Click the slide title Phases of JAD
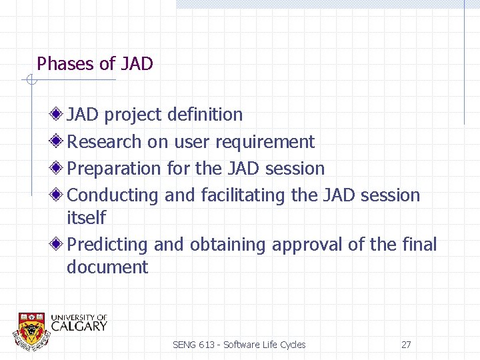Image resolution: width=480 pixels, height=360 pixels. pyautogui.click(x=95, y=64)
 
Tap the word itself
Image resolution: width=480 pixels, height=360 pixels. pyautogui.click(x=86, y=218)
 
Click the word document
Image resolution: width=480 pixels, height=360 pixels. pyautogui.click(x=107, y=267)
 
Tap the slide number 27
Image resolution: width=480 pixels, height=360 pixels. pyautogui.click(x=406, y=345)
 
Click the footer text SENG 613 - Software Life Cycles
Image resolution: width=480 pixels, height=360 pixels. pyautogui.click(x=239, y=345)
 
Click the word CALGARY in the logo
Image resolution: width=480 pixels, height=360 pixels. pyautogui.click(x=79, y=326)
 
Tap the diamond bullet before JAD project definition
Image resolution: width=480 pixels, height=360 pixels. pyautogui.click(x=59, y=114)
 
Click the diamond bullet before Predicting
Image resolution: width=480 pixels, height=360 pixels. pyautogui.click(x=59, y=244)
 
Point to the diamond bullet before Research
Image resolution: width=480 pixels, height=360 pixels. pyautogui.click(x=59, y=141)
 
